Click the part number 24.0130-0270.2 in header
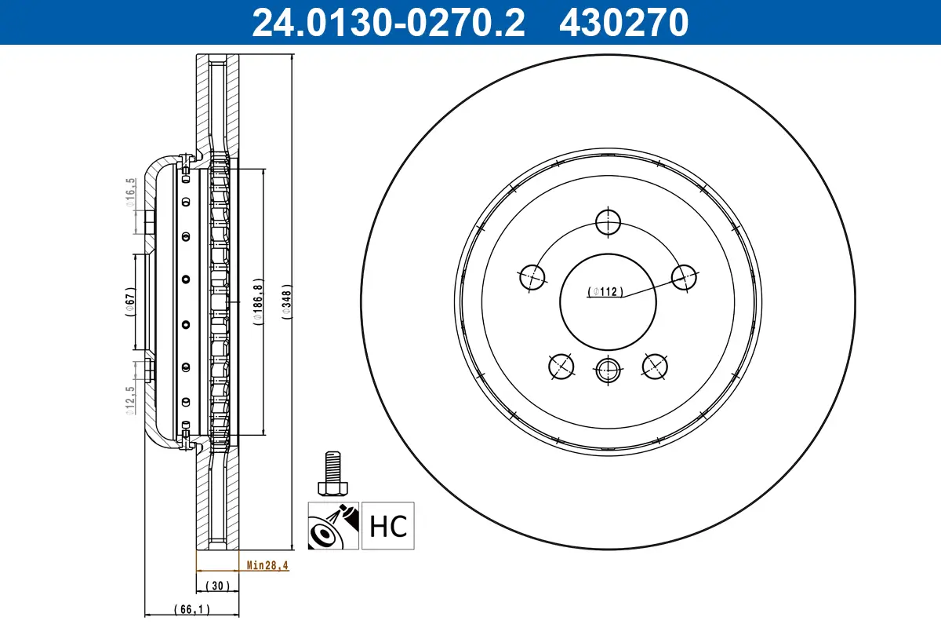pyautogui.click(x=387, y=22)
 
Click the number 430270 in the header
pyautogui.click(x=623, y=22)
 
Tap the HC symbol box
pyautogui.click(x=387, y=526)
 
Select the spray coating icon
pyautogui.click(x=333, y=526)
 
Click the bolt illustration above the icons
pyautogui.click(x=332, y=473)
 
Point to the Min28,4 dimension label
pyautogui.click(x=267, y=564)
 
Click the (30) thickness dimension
pyautogui.click(x=217, y=586)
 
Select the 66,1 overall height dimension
pyautogui.click(x=191, y=608)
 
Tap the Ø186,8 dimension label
pyautogui.click(x=256, y=301)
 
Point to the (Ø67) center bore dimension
pyautogui.click(x=131, y=301)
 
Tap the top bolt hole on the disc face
pyautogui.click(x=608, y=223)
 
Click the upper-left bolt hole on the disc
pyautogui.click(x=532, y=277)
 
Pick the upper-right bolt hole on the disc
pyautogui.click(x=684, y=277)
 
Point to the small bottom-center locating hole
pyautogui.click(x=608, y=369)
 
